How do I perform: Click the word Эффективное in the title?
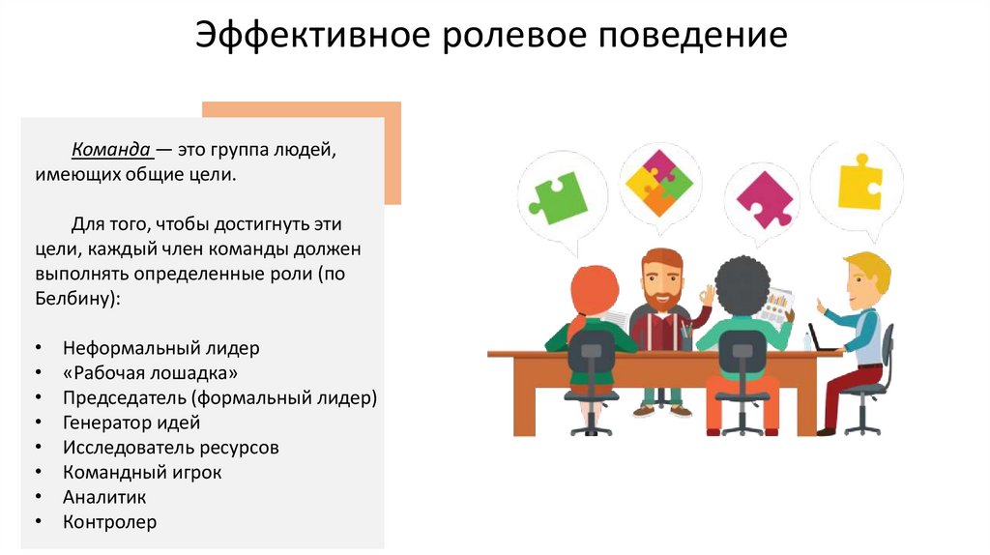pos(311,37)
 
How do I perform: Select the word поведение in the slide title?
pos(694,37)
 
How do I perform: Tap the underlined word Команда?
pos(110,151)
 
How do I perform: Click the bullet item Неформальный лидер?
pos(161,347)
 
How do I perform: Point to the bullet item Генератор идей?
pos(131,423)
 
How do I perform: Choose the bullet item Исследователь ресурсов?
pos(171,448)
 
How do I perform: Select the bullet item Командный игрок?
pos(142,473)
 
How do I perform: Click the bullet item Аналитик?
pos(104,498)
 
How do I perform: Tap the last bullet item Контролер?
pos(109,523)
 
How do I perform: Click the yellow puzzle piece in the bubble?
pos(859,182)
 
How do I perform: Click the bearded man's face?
pos(662,281)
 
